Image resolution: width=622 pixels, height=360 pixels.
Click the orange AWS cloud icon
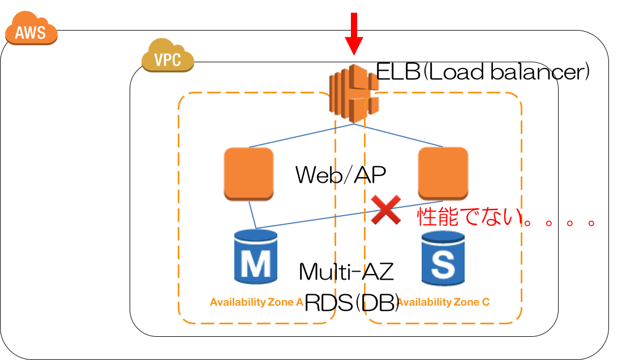point(31,30)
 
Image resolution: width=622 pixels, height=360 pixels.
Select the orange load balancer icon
point(354,93)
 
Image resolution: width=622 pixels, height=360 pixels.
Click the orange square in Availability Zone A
point(248,173)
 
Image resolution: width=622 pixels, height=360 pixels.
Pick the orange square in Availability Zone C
point(443,173)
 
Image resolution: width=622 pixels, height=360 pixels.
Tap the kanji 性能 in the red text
point(435,217)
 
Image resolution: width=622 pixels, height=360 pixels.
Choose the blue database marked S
point(443,258)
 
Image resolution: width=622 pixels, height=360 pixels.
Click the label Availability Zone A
point(256,302)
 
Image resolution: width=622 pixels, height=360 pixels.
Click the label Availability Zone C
point(443,302)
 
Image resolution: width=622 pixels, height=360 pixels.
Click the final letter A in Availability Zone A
point(299,302)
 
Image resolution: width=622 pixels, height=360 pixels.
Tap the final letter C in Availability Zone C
point(486,302)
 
